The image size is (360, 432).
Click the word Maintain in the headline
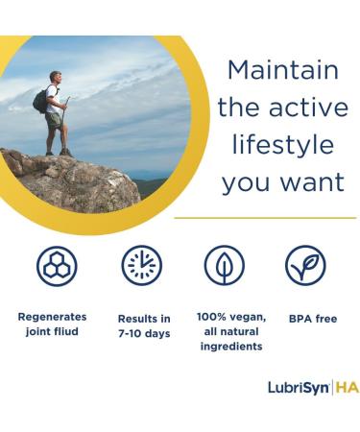pyautogui.click(x=282, y=70)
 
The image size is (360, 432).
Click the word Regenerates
pyautogui.click(x=52, y=316)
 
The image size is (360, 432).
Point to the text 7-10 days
pyautogui.click(x=144, y=332)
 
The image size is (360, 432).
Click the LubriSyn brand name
pyautogui.click(x=298, y=388)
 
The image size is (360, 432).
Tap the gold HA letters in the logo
pyautogui.click(x=346, y=388)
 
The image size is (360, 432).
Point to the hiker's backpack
pyautogui.click(x=40, y=100)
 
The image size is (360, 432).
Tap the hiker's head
pyautogui.click(x=57, y=79)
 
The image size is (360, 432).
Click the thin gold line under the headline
pyautogui.click(x=264, y=218)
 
